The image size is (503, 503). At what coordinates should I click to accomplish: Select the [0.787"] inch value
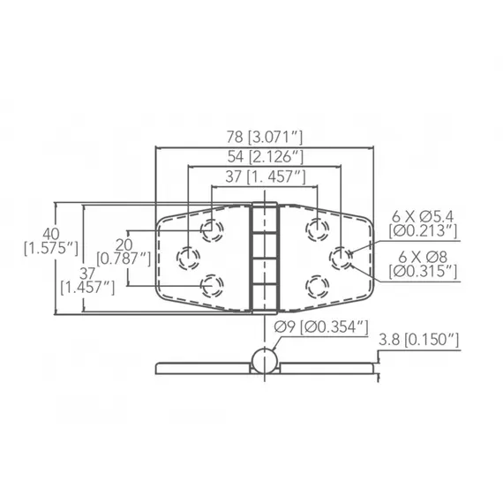click(x=123, y=259)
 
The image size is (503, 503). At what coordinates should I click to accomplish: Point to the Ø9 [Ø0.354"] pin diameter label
click(x=319, y=328)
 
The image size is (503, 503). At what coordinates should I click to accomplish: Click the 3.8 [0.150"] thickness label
click(x=418, y=340)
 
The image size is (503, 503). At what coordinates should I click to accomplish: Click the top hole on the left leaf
click(x=211, y=231)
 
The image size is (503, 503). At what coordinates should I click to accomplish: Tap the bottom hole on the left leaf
click(x=211, y=284)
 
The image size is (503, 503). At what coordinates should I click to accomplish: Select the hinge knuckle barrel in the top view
click(x=264, y=258)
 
